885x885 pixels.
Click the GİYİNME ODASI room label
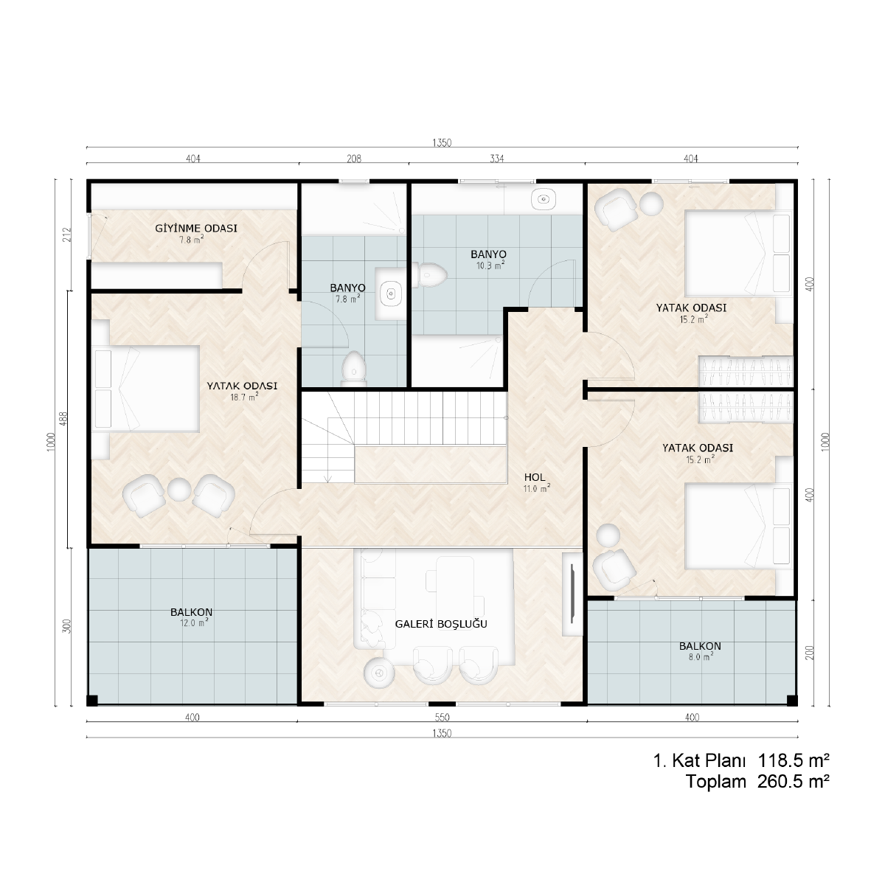point(196,228)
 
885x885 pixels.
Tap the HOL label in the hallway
point(535,477)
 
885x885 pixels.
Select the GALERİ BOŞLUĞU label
point(441,624)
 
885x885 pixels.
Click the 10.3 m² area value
point(490,265)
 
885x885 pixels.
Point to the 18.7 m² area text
point(244,397)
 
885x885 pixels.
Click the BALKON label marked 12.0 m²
point(191,611)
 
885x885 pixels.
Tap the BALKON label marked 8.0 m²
point(700,646)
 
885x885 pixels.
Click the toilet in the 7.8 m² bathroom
point(354,367)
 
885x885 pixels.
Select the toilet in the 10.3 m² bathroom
point(429,275)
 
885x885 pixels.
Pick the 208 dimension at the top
point(354,159)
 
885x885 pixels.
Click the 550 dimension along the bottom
point(442,717)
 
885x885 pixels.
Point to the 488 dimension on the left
point(64,418)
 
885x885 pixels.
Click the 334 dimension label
point(497,159)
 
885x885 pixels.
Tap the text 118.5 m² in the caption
point(793,760)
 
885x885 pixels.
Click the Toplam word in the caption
point(716,781)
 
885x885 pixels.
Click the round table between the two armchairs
point(179,490)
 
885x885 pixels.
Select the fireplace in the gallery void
point(572,594)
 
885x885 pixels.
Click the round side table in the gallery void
point(379,673)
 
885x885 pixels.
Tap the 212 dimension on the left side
point(69,235)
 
